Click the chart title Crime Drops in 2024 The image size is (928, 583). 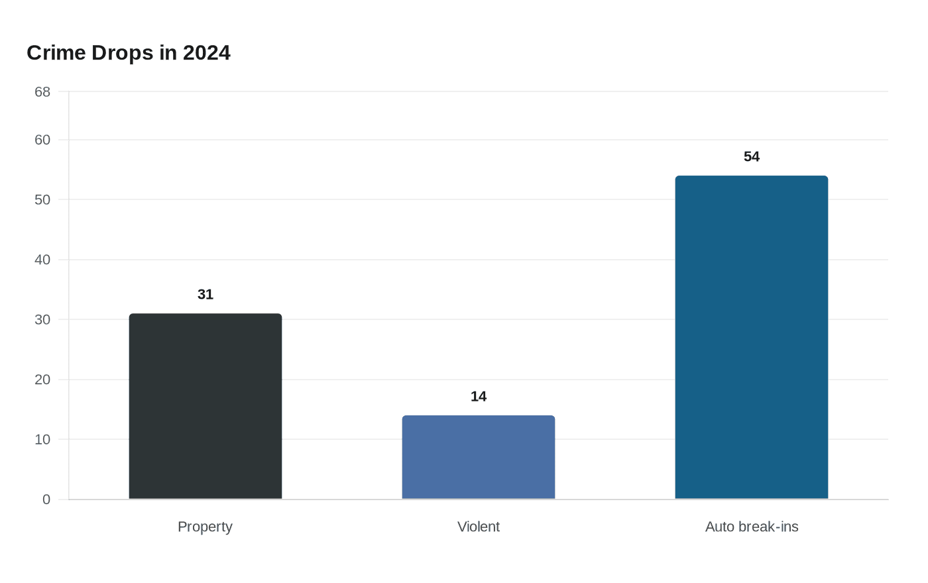pyautogui.click(x=129, y=52)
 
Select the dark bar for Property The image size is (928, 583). pyautogui.click(x=205, y=406)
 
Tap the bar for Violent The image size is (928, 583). pyautogui.click(x=479, y=457)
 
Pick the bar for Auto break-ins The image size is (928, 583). pyautogui.click(x=752, y=337)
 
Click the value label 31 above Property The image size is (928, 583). pyautogui.click(x=205, y=294)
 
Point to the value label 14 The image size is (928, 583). pyautogui.click(x=479, y=396)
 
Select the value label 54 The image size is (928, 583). pyautogui.click(x=752, y=156)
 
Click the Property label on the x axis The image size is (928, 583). pyautogui.click(x=205, y=527)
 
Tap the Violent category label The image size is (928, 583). pyautogui.click(x=479, y=527)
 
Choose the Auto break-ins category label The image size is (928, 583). pyautogui.click(x=752, y=527)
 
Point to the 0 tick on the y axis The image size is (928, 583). pyautogui.click(x=46, y=500)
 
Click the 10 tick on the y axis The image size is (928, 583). pyautogui.click(x=42, y=439)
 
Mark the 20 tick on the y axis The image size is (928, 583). pyautogui.click(x=42, y=380)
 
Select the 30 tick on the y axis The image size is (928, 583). pyautogui.click(x=42, y=319)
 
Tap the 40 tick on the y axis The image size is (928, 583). pyautogui.click(x=42, y=260)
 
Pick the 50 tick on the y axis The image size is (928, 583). pyautogui.click(x=42, y=199)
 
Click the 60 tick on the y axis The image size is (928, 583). pyautogui.click(x=42, y=140)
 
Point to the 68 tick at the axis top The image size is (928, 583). pyautogui.click(x=42, y=92)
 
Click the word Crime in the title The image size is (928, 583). pyautogui.click(x=56, y=52)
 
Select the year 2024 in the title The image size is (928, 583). pyautogui.click(x=207, y=52)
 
